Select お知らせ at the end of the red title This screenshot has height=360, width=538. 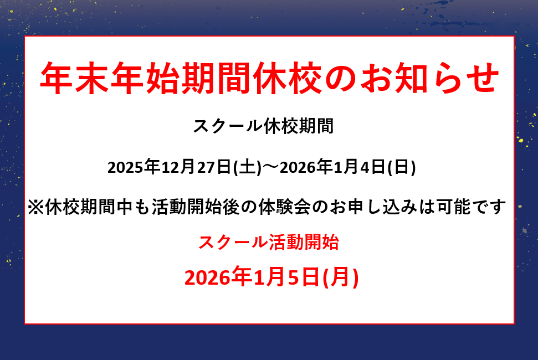click(x=429, y=78)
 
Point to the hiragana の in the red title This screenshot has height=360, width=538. click(x=341, y=79)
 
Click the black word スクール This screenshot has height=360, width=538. click(x=228, y=126)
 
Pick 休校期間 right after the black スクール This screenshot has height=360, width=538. click(x=299, y=126)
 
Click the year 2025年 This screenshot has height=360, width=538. click(x=134, y=167)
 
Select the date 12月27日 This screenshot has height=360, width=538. click(x=196, y=167)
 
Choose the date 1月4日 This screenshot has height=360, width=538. click(x=360, y=167)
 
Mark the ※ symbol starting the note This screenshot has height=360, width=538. click(x=36, y=207)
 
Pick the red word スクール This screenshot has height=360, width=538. click(x=233, y=243)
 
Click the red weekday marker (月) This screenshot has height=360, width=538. click(x=341, y=277)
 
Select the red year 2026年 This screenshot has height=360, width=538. click(x=218, y=277)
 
